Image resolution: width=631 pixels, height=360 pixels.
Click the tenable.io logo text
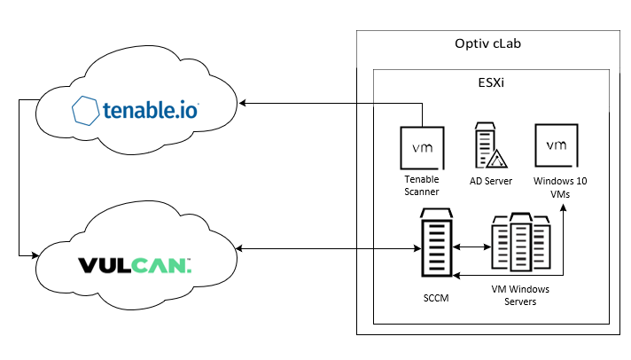coord(151,111)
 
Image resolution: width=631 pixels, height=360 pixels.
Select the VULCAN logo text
coord(135,264)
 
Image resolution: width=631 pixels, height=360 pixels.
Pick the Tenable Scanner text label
coord(421,184)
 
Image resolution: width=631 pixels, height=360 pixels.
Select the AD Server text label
coord(490,180)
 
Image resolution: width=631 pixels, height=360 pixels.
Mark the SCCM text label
coord(435,298)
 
